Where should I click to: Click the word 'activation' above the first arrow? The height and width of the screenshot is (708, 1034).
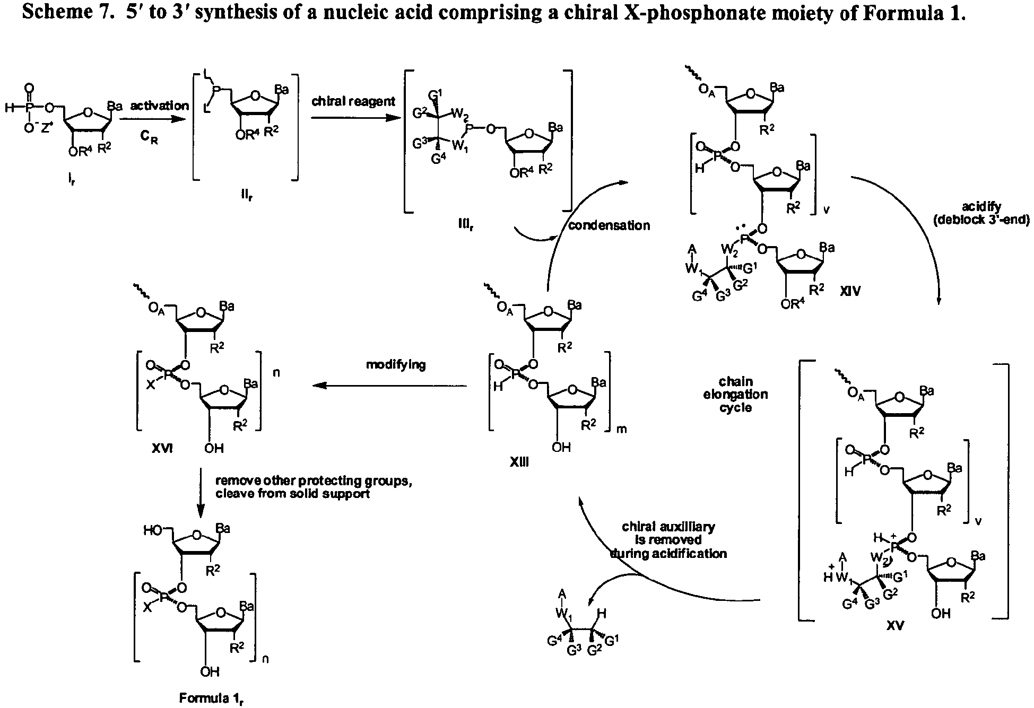(x=160, y=106)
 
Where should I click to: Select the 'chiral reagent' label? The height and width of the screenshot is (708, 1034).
(x=353, y=101)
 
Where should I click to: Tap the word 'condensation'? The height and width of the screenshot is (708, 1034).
(x=609, y=225)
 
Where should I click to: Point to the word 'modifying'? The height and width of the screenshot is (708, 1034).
(x=396, y=365)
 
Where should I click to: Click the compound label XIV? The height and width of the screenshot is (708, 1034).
(x=850, y=291)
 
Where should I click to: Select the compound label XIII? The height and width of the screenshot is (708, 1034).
(x=519, y=462)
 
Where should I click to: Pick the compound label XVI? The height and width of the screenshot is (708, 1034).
(x=162, y=448)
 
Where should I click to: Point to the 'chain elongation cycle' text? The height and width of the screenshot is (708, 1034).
(x=735, y=395)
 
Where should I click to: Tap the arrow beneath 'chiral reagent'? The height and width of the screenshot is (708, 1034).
(x=354, y=118)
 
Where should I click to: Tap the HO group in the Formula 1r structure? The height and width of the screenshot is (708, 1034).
(x=153, y=530)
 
